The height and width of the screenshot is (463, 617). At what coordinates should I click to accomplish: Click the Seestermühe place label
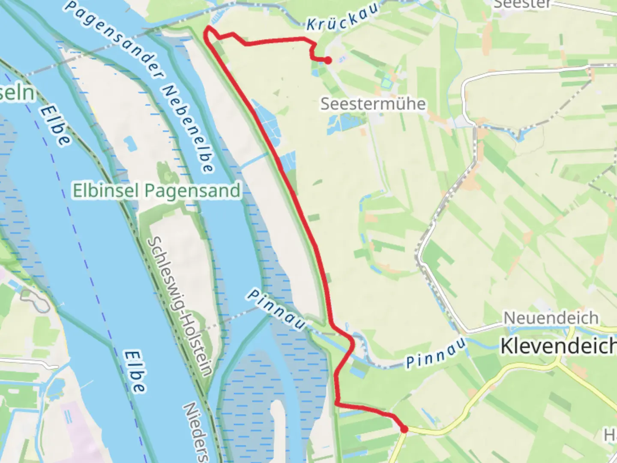tap(373, 104)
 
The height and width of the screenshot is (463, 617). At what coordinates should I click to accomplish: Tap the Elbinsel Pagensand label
tap(156, 190)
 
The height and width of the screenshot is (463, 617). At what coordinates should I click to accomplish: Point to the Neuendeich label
tap(551, 318)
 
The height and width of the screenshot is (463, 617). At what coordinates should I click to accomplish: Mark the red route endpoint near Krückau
tap(328, 60)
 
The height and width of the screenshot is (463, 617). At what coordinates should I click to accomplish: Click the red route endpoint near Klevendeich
tap(404, 429)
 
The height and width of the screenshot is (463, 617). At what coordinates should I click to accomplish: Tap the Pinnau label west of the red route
tap(276, 310)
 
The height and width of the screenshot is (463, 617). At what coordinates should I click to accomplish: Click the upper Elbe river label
tap(55, 126)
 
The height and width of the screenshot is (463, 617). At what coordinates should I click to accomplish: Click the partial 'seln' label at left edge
tap(16, 93)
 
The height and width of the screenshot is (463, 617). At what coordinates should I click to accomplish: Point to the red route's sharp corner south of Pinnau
tap(337, 404)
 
